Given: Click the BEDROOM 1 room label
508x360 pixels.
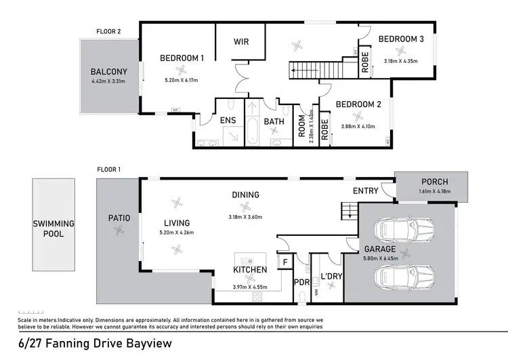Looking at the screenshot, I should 182,58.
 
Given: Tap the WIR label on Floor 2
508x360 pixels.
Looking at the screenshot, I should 240,42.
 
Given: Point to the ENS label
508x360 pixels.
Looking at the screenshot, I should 228,121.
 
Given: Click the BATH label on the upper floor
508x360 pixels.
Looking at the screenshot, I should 274,122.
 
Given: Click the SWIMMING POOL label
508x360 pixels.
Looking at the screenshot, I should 56,228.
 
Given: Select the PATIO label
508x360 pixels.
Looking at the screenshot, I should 119,218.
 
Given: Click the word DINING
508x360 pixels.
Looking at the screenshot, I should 245,195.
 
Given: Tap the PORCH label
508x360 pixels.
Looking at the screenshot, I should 434,182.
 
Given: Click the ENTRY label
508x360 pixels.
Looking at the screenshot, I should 366,191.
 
